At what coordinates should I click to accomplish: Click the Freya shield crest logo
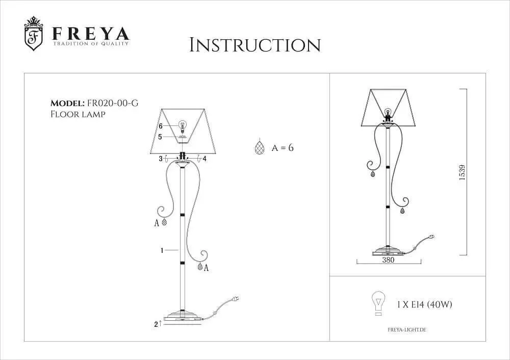click(34, 34)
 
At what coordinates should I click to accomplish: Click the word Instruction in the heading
click(255, 45)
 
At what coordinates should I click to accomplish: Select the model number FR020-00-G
click(113, 103)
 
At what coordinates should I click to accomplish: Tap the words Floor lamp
click(78, 114)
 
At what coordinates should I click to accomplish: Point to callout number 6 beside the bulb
click(160, 126)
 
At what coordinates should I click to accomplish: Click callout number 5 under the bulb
click(160, 137)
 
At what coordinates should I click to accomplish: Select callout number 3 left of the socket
click(161, 159)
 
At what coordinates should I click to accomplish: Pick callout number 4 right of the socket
click(205, 159)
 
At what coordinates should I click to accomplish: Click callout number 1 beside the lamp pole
click(162, 250)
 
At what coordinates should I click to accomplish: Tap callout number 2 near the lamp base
click(156, 324)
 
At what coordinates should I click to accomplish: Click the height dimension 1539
click(462, 173)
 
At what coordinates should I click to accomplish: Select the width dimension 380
click(388, 260)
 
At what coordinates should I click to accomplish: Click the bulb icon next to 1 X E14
click(378, 303)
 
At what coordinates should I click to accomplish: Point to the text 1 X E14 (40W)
click(424, 305)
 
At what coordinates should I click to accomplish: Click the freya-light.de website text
click(406, 330)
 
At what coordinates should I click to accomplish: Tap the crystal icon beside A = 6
click(259, 147)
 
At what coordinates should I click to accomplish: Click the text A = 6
click(283, 148)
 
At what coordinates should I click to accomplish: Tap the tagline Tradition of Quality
click(91, 43)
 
